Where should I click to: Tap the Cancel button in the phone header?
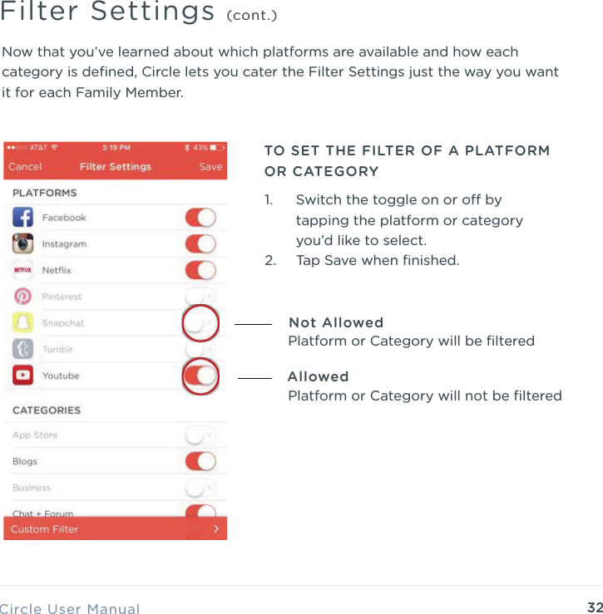pos(25,166)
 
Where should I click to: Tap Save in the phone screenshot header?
pos(210,166)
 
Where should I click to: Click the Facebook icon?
pos(23,218)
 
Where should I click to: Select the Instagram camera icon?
pos(23,244)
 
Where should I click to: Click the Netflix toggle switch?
pos(200,270)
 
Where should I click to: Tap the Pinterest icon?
pos(23,297)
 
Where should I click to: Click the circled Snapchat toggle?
pos(200,323)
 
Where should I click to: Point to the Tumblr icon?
pos(23,349)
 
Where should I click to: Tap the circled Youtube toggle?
pos(200,376)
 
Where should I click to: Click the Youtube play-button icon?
pos(23,376)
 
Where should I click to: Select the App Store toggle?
pos(200,435)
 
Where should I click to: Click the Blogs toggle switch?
pos(200,461)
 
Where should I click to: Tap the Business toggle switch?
pos(200,488)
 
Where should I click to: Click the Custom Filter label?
pos(45,529)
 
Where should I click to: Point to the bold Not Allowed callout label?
pos(336,322)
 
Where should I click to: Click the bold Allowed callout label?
pos(318,376)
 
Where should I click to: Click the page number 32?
pos(595,607)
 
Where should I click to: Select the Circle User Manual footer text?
pos(70,609)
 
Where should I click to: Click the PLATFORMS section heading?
pos(44,193)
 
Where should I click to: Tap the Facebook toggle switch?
pos(200,218)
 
